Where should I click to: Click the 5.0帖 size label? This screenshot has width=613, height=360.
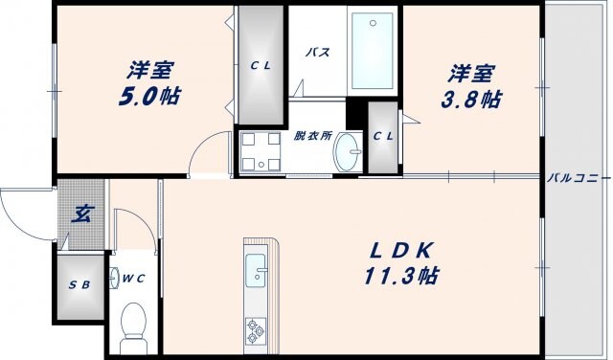pos(150,97)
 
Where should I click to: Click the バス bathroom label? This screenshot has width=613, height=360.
pos(318,53)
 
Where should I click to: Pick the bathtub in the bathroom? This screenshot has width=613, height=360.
pos(373,50)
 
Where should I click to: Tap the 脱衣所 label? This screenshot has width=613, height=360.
pos(313,136)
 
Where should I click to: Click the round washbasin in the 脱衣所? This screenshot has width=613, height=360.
pos(349,151)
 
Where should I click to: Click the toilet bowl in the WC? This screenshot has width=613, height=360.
pos(133,323)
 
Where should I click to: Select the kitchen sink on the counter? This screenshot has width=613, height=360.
pos(258,270)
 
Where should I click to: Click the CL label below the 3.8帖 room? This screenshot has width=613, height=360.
pos(382,136)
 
